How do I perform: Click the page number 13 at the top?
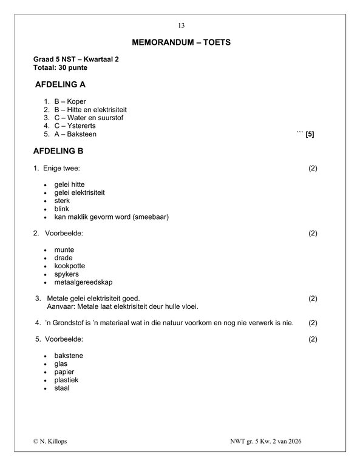[180, 25]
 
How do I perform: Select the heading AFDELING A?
[64, 85]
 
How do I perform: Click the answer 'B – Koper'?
[70, 101]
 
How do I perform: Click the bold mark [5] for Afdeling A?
[310, 134]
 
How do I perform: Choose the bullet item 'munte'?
[64, 249]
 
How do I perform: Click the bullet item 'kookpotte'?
[69, 266]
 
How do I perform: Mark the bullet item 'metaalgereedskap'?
[83, 282]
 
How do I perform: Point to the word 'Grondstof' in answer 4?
[69, 322]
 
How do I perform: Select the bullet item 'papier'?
[64, 371]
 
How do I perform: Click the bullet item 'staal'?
[61, 388]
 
